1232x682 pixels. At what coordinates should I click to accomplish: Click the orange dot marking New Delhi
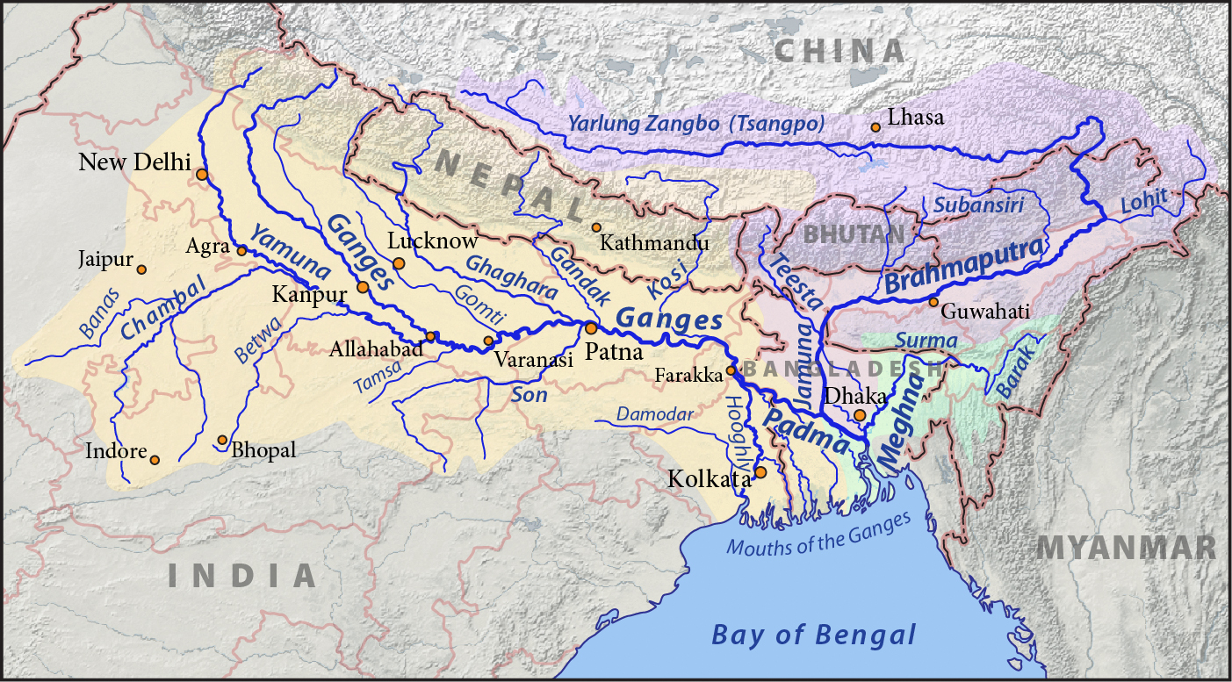point(202,175)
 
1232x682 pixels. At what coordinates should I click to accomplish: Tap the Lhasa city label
point(916,118)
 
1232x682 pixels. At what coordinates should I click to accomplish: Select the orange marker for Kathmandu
point(596,227)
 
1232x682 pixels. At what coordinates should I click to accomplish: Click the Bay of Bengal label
point(814,635)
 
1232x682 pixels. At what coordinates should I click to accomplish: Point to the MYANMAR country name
point(1127,549)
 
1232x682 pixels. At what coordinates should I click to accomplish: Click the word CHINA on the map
point(839,51)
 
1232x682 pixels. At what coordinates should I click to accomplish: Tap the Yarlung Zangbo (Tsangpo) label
point(696,124)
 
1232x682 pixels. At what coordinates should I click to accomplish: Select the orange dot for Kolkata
point(760,472)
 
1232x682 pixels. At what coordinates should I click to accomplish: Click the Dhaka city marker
point(860,414)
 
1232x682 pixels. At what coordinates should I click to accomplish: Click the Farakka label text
point(688,376)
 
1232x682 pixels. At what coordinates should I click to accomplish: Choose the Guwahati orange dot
point(933,302)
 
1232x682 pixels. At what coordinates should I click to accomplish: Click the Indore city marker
point(155,460)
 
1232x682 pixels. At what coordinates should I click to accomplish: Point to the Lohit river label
point(1144,201)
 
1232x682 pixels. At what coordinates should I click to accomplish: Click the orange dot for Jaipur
point(141,269)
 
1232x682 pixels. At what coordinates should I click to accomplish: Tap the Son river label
point(530,395)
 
